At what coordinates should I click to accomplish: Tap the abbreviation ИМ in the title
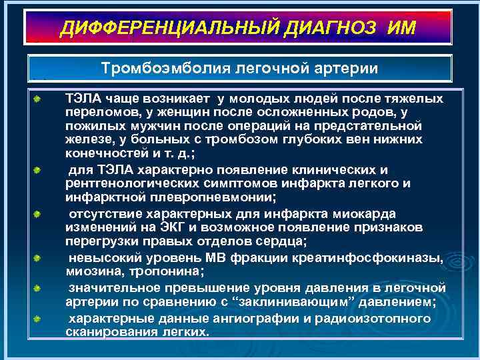tap(400, 27)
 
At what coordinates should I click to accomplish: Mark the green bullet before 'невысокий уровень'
tap(39, 257)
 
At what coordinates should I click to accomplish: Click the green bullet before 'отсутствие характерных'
tap(39, 214)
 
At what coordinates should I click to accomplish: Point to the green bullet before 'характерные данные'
tap(39, 319)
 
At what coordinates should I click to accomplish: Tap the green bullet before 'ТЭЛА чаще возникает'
tap(39, 99)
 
